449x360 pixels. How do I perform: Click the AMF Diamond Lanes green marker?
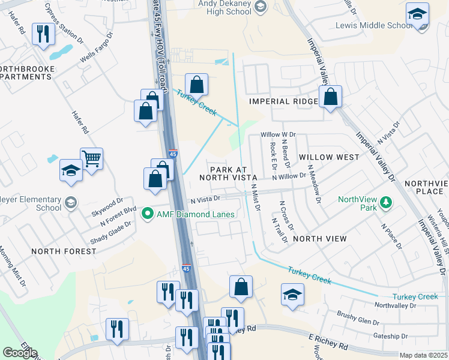click(x=145, y=213)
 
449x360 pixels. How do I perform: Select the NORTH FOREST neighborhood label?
click(x=63, y=251)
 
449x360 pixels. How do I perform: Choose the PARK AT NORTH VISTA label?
click(x=233, y=173)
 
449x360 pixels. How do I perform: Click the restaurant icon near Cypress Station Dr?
click(x=42, y=34)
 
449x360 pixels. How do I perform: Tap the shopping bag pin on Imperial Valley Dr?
click(x=330, y=97)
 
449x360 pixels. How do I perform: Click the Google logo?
click(x=20, y=353)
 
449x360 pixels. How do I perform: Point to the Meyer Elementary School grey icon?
click(x=71, y=202)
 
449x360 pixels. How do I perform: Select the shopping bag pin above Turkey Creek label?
click(x=196, y=84)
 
